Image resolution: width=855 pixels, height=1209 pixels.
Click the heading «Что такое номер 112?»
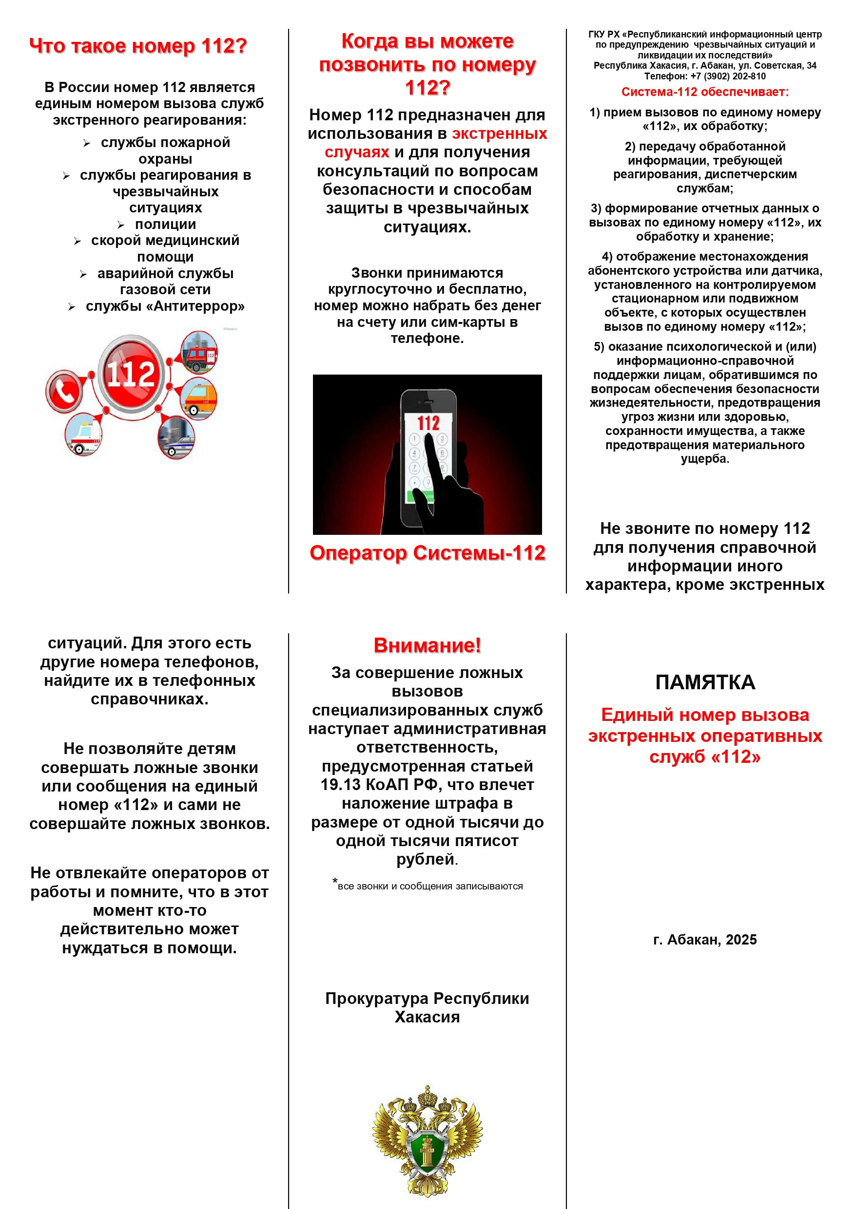(x=138, y=46)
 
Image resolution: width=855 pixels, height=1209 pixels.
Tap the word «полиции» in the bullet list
(x=165, y=225)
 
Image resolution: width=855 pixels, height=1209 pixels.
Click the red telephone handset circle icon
(x=64, y=390)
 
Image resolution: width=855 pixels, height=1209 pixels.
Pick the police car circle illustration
(x=176, y=437)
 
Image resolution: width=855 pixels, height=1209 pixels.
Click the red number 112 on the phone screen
(x=428, y=422)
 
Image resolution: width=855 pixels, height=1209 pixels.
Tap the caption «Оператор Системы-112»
(x=427, y=553)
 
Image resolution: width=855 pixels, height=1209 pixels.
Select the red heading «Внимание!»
(x=427, y=645)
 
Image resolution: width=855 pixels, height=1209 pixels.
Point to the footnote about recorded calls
(x=429, y=886)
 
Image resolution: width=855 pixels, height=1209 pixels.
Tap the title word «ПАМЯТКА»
(x=705, y=682)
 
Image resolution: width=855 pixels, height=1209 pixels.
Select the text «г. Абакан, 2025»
(x=705, y=940)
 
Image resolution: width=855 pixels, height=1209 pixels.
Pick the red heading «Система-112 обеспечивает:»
(x=705, y=92)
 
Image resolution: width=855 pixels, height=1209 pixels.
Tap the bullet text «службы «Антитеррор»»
(x=165, y=306)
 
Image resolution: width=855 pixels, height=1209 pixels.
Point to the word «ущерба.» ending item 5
(x=705, y=459)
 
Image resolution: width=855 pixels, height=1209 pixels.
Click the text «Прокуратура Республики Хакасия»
(x=427, y=1007)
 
